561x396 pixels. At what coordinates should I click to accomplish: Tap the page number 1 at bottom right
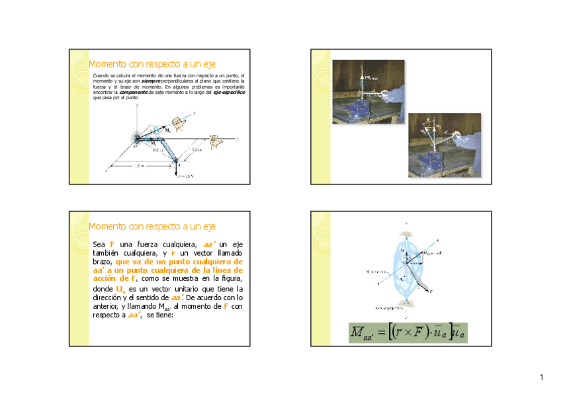[x=540, y=377]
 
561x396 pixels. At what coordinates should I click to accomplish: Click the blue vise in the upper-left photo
[x=363, y=106]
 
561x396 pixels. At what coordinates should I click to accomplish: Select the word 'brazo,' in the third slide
[x=104, y=262]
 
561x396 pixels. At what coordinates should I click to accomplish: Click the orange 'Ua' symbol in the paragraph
[x=120, y=290]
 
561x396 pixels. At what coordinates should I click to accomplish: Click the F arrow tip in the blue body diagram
[x=430, y=290]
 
